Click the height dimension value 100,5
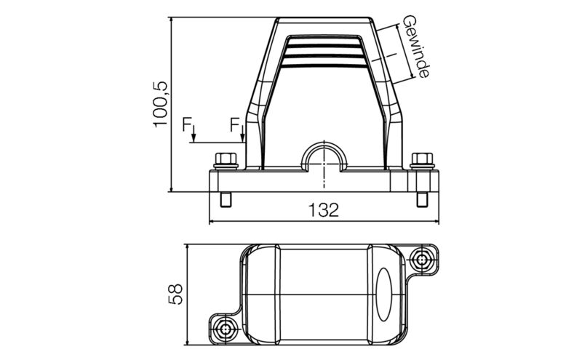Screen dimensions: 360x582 [161, 104]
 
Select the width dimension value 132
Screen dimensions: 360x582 [323, 210]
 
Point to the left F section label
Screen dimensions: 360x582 [188, 125]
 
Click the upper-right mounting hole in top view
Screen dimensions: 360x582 [422, 258]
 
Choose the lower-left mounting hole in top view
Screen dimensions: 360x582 [226, 329]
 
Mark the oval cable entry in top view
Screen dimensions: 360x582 [386, 295]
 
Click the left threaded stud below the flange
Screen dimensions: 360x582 [225, 200]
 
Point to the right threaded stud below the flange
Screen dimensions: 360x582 [422, 200]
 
